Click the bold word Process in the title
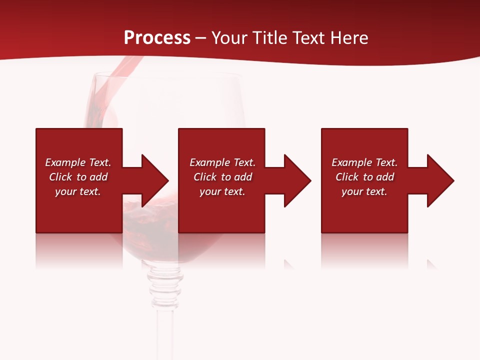click(157, 38)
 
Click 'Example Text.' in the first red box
click(78, 162)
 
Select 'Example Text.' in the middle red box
click(222, 162)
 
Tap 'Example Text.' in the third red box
click(364, 162)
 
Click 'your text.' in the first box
click(78, 191)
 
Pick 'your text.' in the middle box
click(222, 191)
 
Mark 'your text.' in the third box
click(364, 191)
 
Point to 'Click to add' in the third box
click(364, 177)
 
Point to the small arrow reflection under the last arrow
click(431, 264)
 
